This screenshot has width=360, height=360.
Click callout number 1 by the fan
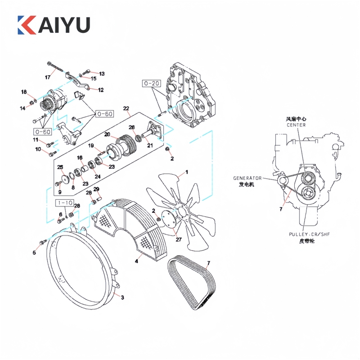tap(187, 171)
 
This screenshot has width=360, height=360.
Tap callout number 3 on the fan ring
tap(122, 297)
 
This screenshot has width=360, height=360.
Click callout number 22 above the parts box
tap(126, 108)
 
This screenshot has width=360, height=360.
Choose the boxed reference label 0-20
tap(152, 83)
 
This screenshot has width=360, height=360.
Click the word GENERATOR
tap(247, 178)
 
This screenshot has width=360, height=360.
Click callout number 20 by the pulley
tap(107, 135)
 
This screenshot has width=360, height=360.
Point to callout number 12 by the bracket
tap(101, 90)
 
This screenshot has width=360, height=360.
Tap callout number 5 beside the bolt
tap(34, 253)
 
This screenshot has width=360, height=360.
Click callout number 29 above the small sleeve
tap(96, 189)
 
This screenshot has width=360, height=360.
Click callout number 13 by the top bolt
tap(101, 73)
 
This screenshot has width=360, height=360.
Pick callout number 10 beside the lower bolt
tap(38, 149)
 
